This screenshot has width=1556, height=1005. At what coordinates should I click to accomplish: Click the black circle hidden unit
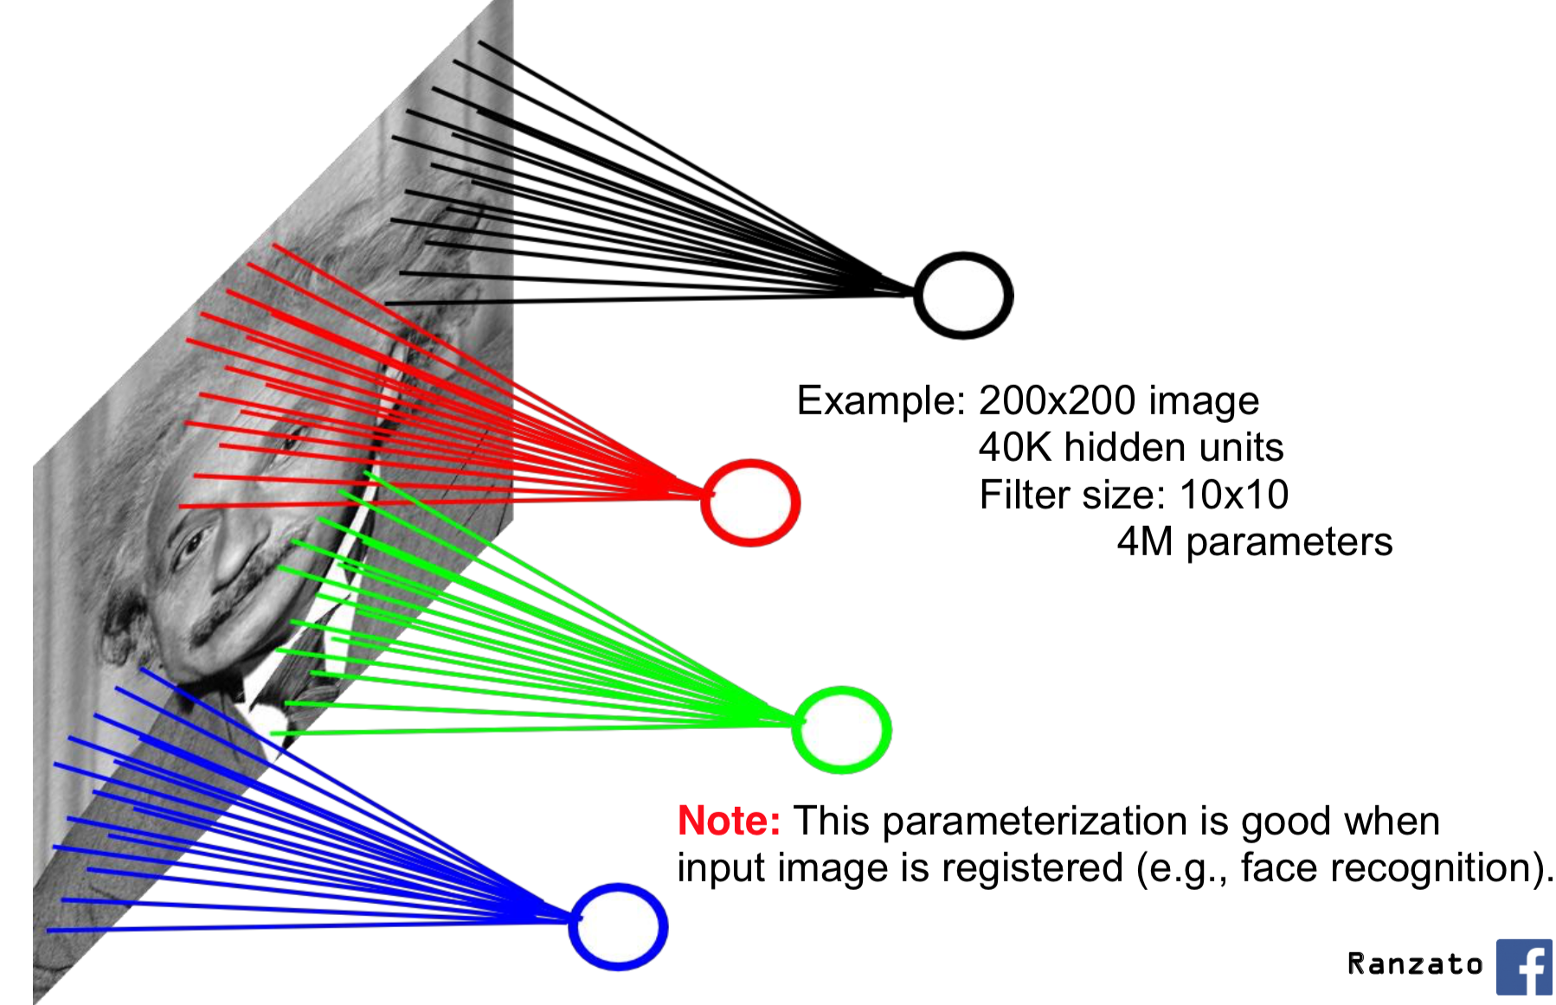click(x=963, y=296)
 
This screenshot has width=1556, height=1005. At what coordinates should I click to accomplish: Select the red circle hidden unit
click(x=750, y=502)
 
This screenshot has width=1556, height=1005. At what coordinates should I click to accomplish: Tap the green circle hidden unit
click(x=841, y=730)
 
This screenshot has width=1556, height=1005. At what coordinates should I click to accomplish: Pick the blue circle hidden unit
click(x=618, y=926)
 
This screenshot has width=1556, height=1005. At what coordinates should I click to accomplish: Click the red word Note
click(x=729, y=821)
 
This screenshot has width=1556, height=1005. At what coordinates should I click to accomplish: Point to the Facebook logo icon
click(x=1525, y=967)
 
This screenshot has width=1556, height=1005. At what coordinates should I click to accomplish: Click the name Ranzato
click(x=1415, y=963)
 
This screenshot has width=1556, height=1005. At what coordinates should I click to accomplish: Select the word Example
click(x=880, y=400)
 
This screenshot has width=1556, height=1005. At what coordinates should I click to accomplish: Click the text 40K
click(x=1014, y=448)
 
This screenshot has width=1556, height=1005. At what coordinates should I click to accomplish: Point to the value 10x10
click(x=1233, y=495)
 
